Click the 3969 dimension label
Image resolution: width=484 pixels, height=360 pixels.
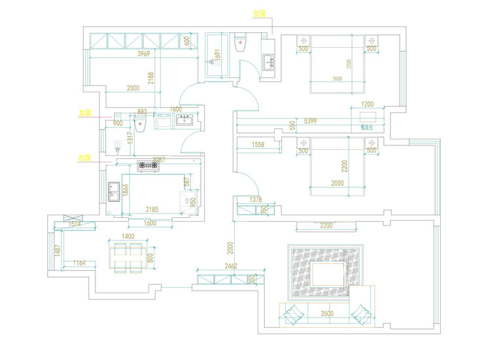[x=145, y=54]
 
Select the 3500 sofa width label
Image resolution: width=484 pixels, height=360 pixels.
[x=327, y=314]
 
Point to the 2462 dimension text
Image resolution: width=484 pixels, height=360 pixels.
[x=230, y=266]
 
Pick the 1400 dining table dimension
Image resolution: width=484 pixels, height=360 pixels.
[x=128, y=236]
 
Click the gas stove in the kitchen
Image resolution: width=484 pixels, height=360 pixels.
[x=147, y=166]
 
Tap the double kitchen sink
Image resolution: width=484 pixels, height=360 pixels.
[x=114, y=192]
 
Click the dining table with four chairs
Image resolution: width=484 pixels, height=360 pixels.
[x=128, y=257]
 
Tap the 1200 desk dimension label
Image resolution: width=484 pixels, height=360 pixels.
[x=368, y=105]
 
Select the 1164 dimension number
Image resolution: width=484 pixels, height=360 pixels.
[x=80, y=263]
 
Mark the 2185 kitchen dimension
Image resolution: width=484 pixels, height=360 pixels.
[x=152, y=209]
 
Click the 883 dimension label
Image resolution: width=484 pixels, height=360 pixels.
[x=142, y=112]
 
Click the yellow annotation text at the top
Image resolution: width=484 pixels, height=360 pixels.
[x=260, y=13]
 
